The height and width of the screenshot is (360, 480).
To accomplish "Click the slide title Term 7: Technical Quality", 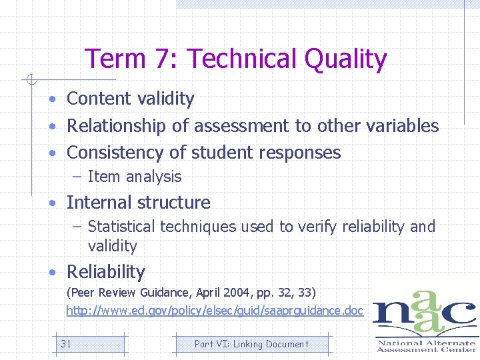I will coord(235,59).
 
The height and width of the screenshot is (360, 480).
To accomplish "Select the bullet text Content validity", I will coord(131,99).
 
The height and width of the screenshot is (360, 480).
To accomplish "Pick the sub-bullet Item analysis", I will coord(134,177).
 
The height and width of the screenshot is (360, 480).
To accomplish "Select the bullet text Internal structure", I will coord(138,203).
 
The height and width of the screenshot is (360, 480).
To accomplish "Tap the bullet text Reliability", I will coord(105,272).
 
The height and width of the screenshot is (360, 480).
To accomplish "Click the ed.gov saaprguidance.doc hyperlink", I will coord(215,311).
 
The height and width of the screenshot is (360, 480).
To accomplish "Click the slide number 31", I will coord(66,344).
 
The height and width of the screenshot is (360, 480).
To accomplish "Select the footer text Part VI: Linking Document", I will coord(251,344).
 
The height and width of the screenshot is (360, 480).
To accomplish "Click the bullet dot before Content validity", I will coord(51,99).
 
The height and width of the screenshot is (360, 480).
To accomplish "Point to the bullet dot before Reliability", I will coord(51,273).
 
